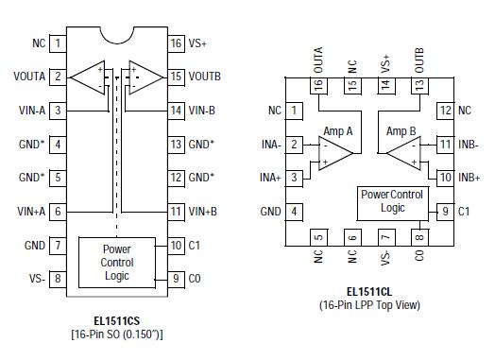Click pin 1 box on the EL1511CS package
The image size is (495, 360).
[x=59, y=43]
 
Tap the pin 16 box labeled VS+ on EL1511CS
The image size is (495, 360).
[x=176, y=43]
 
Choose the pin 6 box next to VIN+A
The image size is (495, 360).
[x=59, y=212]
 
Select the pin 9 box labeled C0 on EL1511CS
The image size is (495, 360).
[x=176, y=279]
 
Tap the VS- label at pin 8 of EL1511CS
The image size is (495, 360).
[x=35, y=279]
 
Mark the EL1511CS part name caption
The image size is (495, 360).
[x=117, y=320]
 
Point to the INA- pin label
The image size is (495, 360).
[x=272, y=145]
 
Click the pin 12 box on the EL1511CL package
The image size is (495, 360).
[x=443, y=111]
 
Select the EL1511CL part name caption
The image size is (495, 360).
[x=368, y=292]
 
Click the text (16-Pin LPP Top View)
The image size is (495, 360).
[x=368, y=305]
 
